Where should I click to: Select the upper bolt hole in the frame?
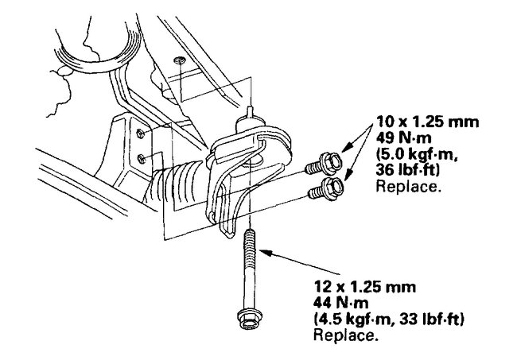click(x=140, y=132)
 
